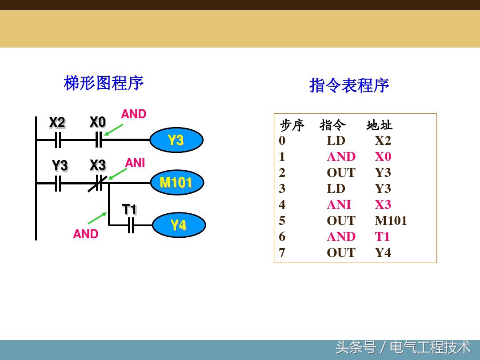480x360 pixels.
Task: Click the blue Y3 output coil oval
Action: [x=176, y=140]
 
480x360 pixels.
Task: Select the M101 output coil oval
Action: [x=176, y=183]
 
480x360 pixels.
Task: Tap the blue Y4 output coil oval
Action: [x=179, y=225]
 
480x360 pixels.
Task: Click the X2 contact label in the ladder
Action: [x=57, y=123]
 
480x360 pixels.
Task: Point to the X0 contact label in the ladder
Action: [x=98, y=122]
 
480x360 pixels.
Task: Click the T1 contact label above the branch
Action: [x=129, y=209]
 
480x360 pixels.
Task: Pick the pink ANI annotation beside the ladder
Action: [x=135, y=163]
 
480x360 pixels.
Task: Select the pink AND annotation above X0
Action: [x=133, y=114]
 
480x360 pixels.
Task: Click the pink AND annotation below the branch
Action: [x=85, y=234]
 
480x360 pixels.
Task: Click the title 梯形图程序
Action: [x=104, y=83]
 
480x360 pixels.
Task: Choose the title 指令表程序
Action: [x=349, y=85]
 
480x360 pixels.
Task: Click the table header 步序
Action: [x=292, y=125]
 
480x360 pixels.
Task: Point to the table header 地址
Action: [x=379, y=125]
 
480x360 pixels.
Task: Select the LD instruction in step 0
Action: [x=336, y=141]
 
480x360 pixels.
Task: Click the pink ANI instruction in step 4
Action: [x=339, y=205]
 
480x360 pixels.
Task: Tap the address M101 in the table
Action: [x=391, y=221]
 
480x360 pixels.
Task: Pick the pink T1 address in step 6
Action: [x=382, y=237]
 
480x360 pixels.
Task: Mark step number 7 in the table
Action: [x=282, y=253]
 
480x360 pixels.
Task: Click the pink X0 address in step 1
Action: [x=383, y=157]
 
